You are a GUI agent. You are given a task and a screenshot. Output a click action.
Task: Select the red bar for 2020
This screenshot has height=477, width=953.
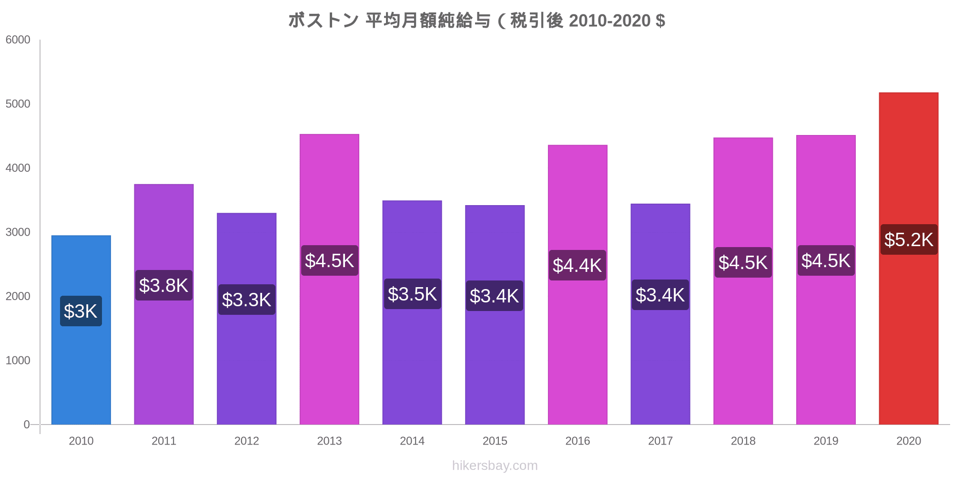(x=908, y=334)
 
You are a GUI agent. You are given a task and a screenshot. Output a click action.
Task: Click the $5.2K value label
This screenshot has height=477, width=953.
(x=908, y=239)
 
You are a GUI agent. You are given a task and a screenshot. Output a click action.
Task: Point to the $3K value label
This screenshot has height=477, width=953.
(x=81, y=311)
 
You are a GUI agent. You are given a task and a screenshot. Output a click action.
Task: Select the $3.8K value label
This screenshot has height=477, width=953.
(x=163, y=285)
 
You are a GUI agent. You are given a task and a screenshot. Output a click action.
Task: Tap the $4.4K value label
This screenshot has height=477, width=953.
(x=577, y=265)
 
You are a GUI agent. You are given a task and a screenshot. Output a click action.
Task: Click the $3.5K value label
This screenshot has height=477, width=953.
(x=412, y=294)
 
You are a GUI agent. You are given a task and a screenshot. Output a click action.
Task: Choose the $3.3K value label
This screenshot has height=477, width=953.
(x=246, y=300)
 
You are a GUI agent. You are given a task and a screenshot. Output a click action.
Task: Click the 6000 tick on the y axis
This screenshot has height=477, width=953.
(x=18, y=40)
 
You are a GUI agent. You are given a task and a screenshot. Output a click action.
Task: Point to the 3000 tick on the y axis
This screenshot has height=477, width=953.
(x=18, y=232)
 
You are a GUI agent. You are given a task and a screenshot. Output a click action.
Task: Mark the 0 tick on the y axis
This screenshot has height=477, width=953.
(x=27, y=425)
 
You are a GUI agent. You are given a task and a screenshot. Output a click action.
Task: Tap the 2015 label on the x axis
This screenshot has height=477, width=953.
(x=495, y=441)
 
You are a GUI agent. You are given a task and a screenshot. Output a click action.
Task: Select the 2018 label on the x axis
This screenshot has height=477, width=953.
(x=743, y=441)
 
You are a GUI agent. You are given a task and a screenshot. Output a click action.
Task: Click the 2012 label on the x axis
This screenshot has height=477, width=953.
(x=246, y=441)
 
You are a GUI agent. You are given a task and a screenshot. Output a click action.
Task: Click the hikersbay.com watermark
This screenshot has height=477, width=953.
(x=495, y=466)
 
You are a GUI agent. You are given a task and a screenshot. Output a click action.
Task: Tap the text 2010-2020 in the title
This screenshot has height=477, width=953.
(x=609, y=21)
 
